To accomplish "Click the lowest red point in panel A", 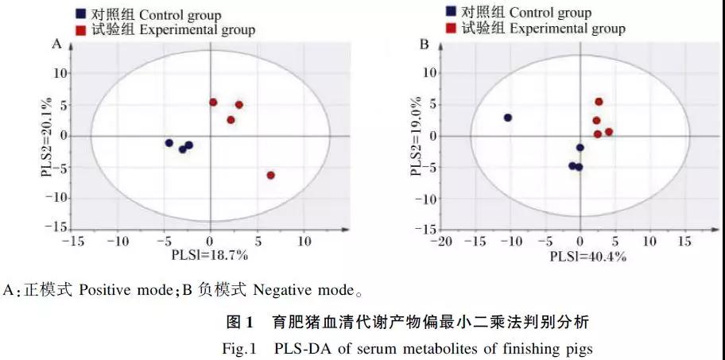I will tap(271, 175).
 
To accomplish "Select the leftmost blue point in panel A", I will tap(169, 143).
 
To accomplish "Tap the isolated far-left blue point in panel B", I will tap(508, 118).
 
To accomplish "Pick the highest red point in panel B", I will tap(599, 102).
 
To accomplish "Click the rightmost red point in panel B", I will tap(609, 132).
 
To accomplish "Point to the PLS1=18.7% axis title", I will tap(210, 255).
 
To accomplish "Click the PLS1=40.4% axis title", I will tap(588, 257).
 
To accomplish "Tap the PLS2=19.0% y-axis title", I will tap(416, 137).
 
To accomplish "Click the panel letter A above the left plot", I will tap(56, 45).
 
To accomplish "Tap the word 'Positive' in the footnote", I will tap(103, 289).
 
